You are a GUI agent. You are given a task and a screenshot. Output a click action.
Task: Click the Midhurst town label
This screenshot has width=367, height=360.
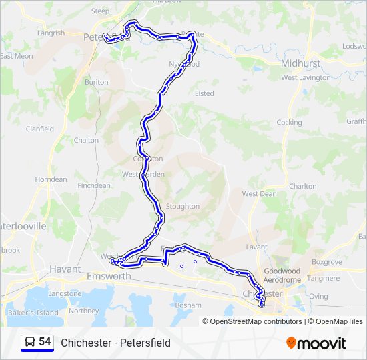click(300, 63)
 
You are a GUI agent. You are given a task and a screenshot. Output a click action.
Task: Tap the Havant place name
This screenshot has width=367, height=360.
click(65, 269)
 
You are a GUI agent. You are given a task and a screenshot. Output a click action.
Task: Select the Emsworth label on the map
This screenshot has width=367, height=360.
click(109, 276)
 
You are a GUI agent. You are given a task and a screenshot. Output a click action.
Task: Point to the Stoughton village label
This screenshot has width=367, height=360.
click(182, 207)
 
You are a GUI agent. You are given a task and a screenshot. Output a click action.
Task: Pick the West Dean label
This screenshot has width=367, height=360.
click(259, 194)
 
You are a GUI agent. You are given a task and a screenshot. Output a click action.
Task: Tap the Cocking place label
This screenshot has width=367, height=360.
click(289, 123)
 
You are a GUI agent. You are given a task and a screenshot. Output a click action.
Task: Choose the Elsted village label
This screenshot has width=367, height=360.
click(204, 94)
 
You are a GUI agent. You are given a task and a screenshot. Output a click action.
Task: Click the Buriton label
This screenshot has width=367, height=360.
click(97, 82)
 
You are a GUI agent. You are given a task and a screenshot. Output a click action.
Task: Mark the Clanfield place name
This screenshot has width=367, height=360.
click(39, 129)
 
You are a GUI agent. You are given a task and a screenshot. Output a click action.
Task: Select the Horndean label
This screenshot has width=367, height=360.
click(51, 179)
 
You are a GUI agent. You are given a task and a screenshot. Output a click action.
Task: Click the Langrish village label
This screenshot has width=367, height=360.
click(51, 33)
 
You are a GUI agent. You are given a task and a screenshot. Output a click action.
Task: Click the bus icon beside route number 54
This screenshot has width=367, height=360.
click(30, 342)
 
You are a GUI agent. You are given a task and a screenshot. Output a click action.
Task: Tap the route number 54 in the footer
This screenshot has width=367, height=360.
click(45, 342)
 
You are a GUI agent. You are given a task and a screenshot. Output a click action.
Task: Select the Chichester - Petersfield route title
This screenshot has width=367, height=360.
click(115, 343)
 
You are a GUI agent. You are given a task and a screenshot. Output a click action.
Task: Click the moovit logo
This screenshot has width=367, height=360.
click(316, 343)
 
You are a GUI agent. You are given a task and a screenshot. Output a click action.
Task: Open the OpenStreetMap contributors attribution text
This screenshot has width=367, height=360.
click(256, 321)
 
